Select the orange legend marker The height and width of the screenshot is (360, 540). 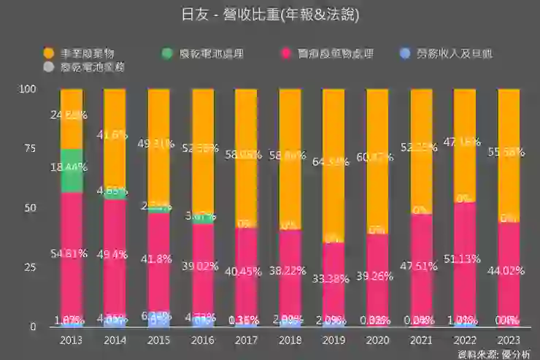(x=48, y=53)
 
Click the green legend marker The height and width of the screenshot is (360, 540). (x=167, y=53)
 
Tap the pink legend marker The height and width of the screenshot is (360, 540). (x=285, y=53)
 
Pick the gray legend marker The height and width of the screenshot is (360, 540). (x=48, y=67)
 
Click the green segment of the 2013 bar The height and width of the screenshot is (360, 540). (x=72, y=170)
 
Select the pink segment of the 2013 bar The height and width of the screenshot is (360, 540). (x=72, y=256)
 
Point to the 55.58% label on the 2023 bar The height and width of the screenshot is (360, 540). (x=508, y=150)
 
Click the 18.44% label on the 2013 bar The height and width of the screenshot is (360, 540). (x=70, y=167)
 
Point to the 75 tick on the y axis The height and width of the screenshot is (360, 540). (x=29, y=148)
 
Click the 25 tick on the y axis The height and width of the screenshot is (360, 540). (x=29, y=267)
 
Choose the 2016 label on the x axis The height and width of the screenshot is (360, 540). (x=202, y=340)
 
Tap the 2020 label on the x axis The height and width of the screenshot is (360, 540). (x=377, y=340)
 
